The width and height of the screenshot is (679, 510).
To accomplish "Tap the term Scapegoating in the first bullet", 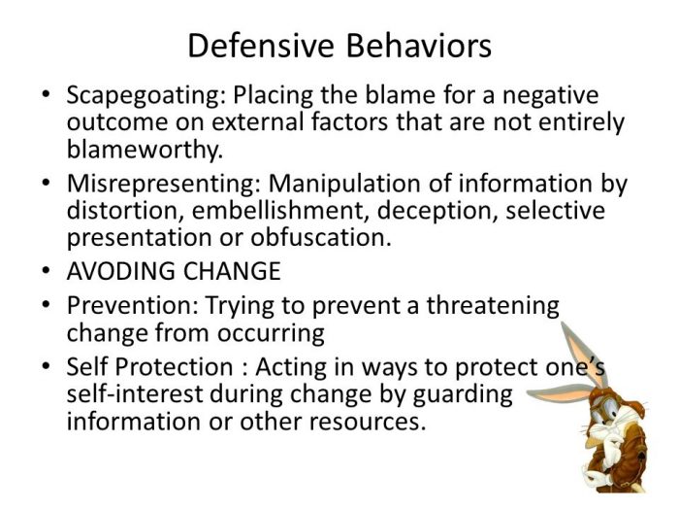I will (134, 97).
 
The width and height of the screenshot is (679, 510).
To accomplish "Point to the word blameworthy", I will (143, 151).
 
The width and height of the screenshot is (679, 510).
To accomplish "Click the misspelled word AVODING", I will (113, 271).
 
